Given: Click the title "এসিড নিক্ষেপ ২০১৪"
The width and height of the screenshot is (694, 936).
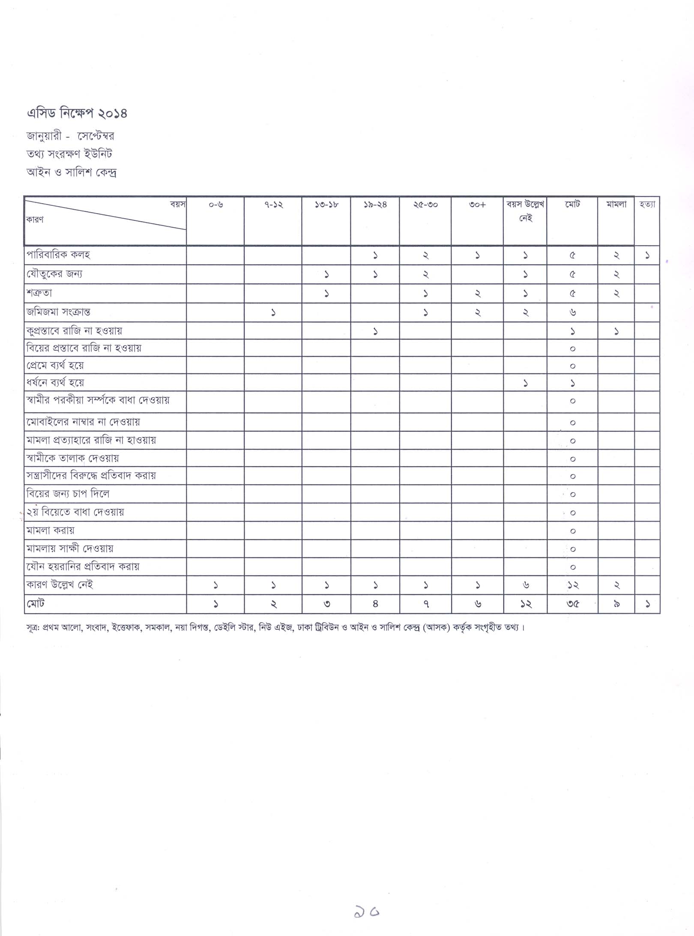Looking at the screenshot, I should pyautogui.click(x=77, y=114).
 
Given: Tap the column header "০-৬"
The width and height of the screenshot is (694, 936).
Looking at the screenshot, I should pyautogui.click(x=215, y=205).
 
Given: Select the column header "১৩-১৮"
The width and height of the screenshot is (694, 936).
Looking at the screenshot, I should pyautogui.click(x=326, y=205).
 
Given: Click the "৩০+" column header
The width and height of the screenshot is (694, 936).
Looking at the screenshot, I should pyautogui.click(x=477, y=205).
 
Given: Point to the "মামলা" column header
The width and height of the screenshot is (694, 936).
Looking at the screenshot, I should pyautogui.click(x=616, y=205).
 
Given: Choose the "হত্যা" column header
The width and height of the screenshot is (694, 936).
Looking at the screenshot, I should pyautogui.click(x=647, y=205).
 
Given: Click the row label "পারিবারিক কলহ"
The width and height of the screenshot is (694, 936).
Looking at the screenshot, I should pyautogui.click(x=58, y=255).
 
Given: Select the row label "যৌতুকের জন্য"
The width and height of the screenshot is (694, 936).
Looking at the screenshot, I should pyautogui.click(x=54, y=274).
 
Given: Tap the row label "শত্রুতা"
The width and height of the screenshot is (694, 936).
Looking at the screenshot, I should pyautogui.click(x=39, y=294).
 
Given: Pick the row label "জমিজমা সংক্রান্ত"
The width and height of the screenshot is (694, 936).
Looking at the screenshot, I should pyautogui.click(x=58, y=312).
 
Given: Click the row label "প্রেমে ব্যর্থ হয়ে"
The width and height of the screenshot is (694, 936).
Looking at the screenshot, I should pyautogui.click(x=55, y=365).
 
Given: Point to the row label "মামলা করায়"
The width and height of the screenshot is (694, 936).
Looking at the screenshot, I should pyautogui.click(x=51, y=530).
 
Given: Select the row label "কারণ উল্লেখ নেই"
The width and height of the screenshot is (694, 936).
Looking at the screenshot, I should pyautogui.click(x=60, y=585).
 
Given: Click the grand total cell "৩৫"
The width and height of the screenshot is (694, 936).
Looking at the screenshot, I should pyautogui.click(x=573, y=604).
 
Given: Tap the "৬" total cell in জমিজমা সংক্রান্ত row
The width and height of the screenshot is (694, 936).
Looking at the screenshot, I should pyautogui.click(x=573, y=313).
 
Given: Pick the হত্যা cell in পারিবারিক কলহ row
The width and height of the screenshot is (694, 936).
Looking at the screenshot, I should pyautogui.click(x=647, y=256).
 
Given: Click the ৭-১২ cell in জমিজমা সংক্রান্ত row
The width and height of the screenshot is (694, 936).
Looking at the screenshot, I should pyautogui.click(x=273, y=313).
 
